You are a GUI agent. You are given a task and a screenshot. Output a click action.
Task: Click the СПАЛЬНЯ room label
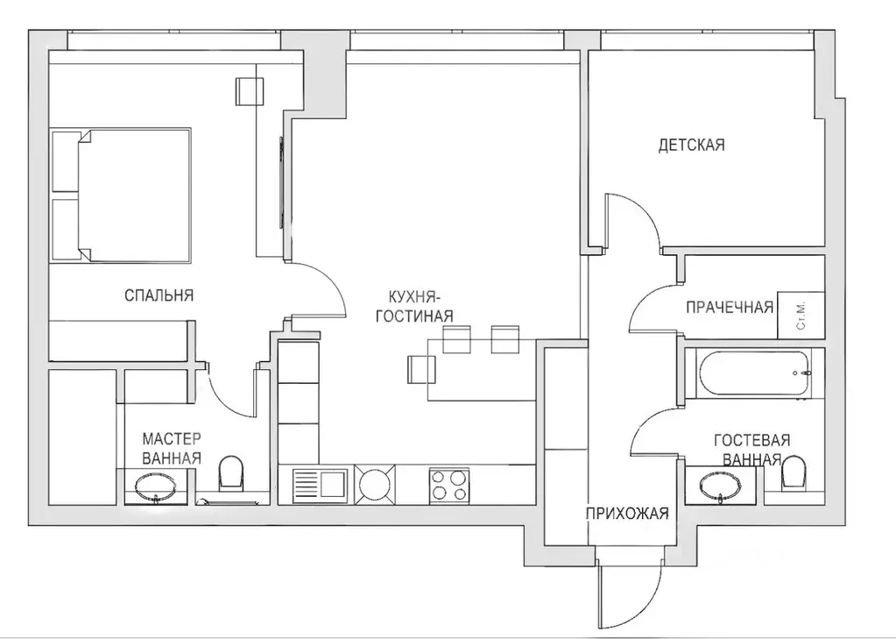[x=159, y=295]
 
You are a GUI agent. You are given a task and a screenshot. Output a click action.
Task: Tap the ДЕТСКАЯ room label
[x=691, y=145]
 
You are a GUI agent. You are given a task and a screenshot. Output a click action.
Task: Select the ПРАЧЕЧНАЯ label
[x=729, y=307]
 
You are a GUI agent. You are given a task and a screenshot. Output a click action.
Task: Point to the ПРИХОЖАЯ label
[x=627, y=514]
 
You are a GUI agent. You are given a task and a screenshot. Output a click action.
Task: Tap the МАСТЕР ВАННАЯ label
[x=173, y=447]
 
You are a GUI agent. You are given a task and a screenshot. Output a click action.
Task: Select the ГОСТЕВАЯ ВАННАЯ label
[x=751, y=449]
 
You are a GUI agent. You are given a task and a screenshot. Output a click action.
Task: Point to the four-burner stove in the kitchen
[x=448, y=485]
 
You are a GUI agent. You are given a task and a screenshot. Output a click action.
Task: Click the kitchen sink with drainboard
[x=320, y=485]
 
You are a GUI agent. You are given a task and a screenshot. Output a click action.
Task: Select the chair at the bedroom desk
[x=249, y=91]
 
